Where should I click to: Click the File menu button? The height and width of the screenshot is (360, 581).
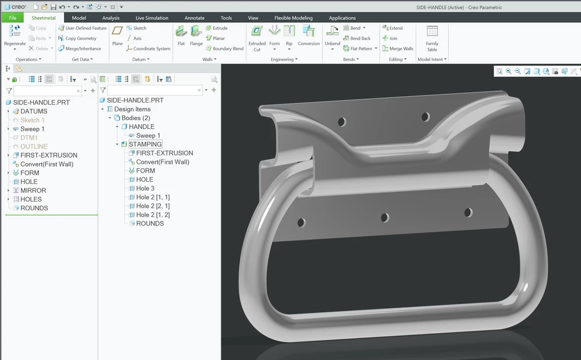click(13, 18)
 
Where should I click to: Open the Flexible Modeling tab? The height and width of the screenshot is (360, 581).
click(293, 18)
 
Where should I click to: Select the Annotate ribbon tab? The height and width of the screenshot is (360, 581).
click(194, 18)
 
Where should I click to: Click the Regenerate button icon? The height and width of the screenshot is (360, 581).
click(15, 31)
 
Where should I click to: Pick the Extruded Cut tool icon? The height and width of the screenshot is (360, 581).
click(257, 31)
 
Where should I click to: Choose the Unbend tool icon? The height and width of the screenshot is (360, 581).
click(332, 31)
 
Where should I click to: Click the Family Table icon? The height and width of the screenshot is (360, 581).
click(432, 31)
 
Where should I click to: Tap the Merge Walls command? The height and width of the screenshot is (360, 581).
click(398, 48)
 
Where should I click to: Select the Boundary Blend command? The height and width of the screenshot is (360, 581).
click(225, 48)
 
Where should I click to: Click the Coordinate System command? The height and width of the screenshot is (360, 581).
click(148, 48)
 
